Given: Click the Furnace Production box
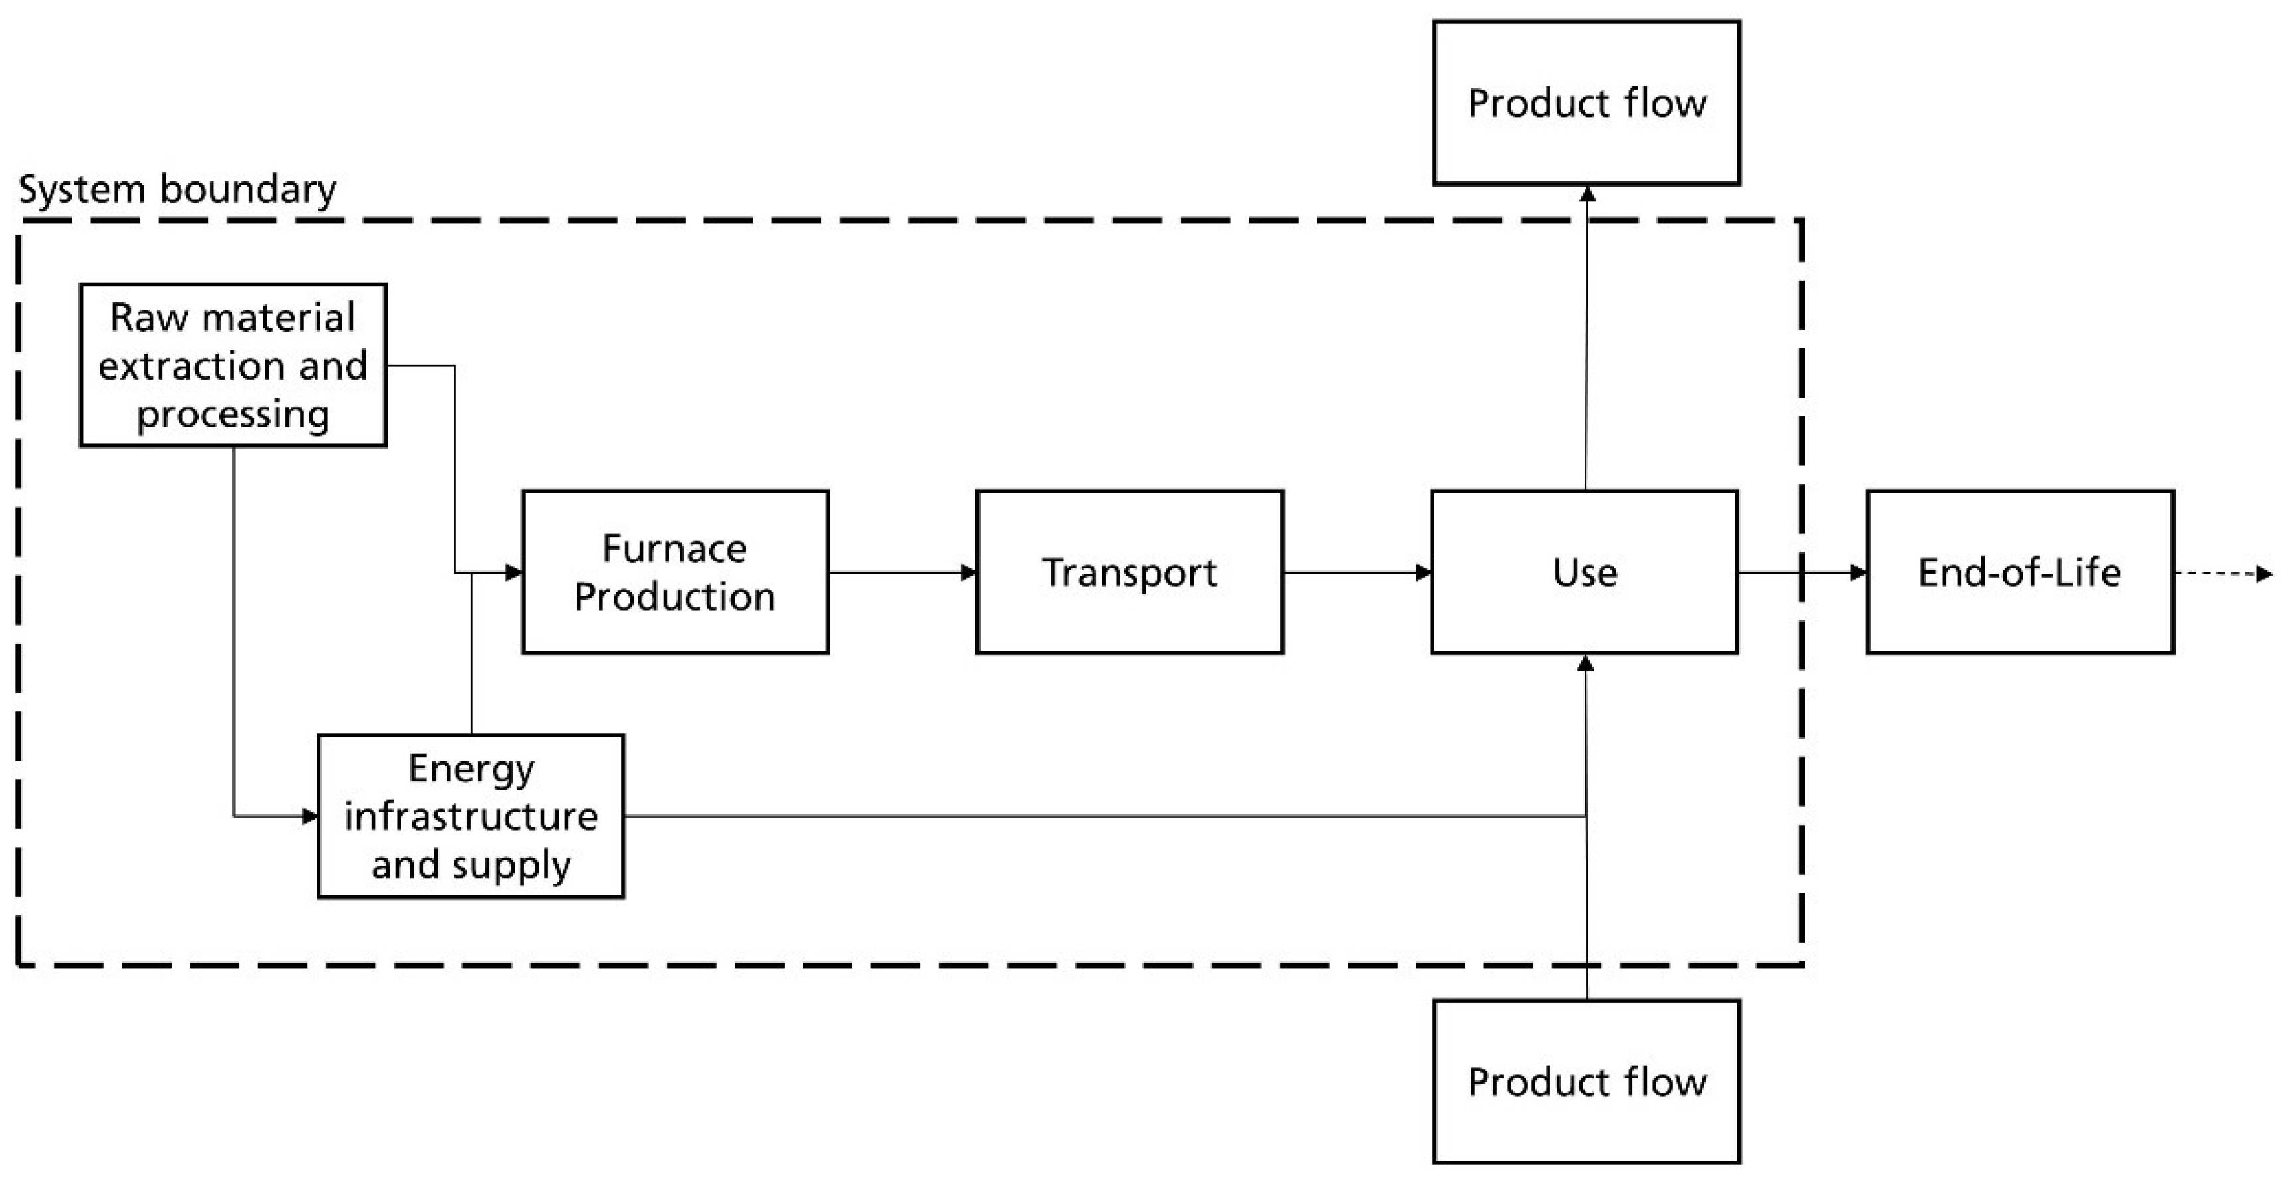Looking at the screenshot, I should (676, 572).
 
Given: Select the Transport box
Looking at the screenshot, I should (1130, 572).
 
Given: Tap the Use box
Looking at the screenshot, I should (1585, 572).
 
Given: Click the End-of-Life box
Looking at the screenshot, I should (2020, 572).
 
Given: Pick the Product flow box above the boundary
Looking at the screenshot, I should (1586, 103).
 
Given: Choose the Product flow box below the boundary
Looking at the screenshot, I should (1586, 1082).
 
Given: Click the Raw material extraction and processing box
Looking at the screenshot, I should (233, 365).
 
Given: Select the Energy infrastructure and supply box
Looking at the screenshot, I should (471, 816).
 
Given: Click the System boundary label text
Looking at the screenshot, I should (178, 189).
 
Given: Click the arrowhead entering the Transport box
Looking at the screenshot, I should (968, 572).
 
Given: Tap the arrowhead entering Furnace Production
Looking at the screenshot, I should (513, 572).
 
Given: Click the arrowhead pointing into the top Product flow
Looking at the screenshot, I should (1588, 194).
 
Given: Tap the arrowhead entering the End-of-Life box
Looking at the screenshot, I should (1858, 572).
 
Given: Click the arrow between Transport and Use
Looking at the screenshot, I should (1356, 572).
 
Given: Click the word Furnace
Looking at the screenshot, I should (675, 548).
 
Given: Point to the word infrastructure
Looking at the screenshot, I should (471, 816).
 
